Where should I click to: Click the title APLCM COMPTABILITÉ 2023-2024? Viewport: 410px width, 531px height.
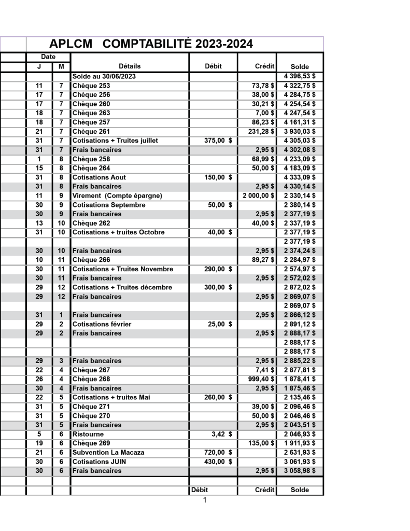[151, 44]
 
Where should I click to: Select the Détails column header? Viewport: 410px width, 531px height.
[130, 66]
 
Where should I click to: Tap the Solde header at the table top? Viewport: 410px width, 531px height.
[300, 67]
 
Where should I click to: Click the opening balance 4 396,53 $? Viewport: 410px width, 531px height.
[300, 76]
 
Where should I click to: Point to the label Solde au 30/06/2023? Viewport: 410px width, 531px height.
[104, 76]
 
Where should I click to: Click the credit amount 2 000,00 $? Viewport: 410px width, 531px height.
[258, 195]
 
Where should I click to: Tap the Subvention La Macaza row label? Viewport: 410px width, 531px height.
[108, 452]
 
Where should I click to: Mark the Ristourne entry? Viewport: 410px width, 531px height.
[88, 434]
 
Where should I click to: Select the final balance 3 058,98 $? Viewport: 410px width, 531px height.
[300, 470]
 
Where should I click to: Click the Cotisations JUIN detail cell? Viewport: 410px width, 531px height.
[99, 462]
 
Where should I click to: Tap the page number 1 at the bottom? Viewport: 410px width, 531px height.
[205, 500]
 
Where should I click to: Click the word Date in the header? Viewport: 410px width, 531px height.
[48, 57]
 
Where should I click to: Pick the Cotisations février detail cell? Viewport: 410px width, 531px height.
[102, 324]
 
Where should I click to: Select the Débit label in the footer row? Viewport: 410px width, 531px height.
[200, 490]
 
